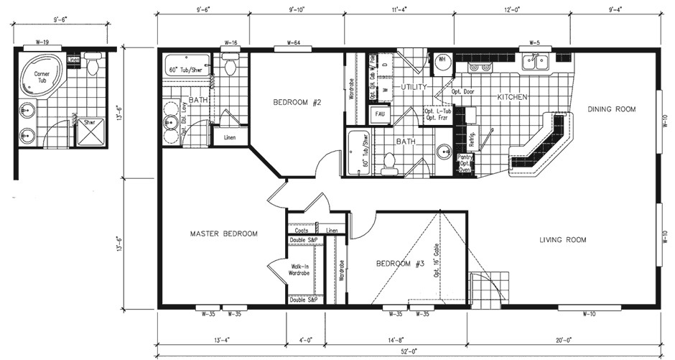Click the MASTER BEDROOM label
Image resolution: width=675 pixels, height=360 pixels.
223,234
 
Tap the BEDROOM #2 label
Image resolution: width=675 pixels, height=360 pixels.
296,102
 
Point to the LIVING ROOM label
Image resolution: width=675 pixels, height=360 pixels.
562,240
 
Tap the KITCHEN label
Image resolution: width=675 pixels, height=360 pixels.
513,96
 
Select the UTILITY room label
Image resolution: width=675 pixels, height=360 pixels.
414,86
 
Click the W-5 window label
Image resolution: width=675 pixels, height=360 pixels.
534,43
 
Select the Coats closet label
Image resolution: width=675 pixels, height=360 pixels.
301,231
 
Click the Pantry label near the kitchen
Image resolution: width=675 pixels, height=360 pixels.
465,157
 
